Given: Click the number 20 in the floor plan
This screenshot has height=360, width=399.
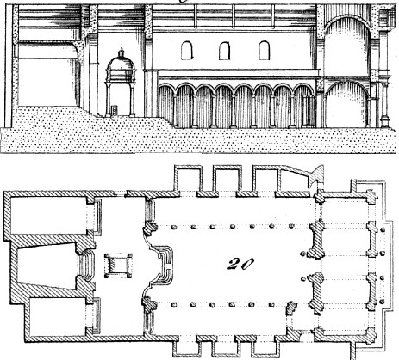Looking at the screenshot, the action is pos(240,264).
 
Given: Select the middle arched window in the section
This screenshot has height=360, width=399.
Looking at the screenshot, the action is pos(224,51).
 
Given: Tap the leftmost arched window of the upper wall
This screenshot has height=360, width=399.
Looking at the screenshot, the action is pos(187,51).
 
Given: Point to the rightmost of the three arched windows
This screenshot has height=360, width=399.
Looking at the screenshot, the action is pos(265,51).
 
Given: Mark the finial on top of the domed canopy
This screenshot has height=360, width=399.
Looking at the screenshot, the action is pos(122,51).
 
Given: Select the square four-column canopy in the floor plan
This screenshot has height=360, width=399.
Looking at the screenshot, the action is pos(118,265).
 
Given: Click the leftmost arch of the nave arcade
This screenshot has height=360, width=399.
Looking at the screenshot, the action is pos(166,105).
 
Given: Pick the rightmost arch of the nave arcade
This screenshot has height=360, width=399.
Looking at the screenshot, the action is pos(305,105).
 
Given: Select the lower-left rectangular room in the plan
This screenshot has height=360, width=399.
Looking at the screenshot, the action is pos(59,316).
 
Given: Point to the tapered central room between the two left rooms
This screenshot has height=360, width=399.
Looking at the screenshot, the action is pos(47,264).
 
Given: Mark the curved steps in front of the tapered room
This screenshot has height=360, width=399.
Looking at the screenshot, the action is pos(89,264).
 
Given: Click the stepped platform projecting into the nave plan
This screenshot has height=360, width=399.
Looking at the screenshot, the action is pos(161,264).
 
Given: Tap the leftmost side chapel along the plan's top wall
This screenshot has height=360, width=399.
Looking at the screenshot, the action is pos(188,179).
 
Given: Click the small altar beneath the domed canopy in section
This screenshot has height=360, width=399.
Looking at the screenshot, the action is pos(115,109).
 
